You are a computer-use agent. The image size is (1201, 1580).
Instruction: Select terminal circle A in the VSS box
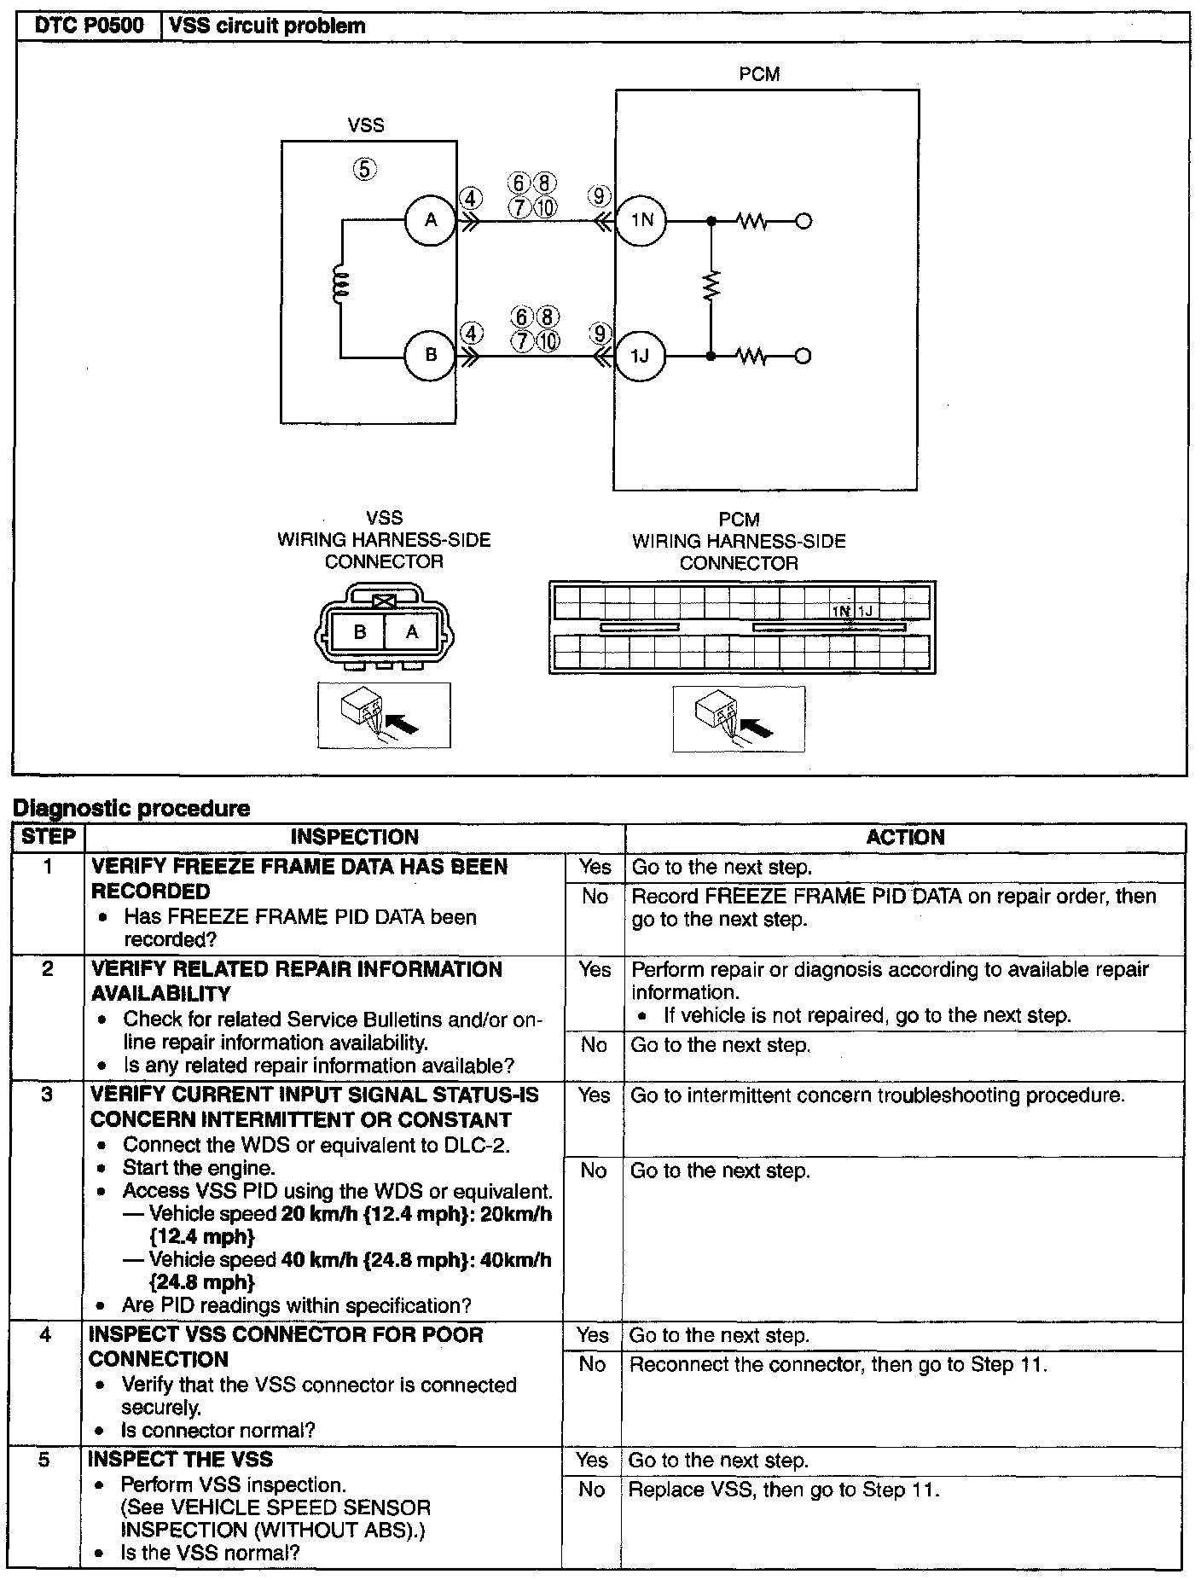(431, 220)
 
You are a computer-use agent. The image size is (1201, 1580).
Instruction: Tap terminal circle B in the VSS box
(431, 355)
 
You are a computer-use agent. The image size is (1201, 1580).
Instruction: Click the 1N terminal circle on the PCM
(641, 221)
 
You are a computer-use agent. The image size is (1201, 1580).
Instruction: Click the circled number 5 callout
(364, 169)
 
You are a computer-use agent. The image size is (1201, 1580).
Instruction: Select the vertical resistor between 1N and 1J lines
(711, 288)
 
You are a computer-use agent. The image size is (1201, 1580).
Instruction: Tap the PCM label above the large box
(759, 74)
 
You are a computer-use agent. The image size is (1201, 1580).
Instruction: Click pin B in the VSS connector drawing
(360, 632)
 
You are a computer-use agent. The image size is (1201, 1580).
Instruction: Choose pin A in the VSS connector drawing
(412, 632)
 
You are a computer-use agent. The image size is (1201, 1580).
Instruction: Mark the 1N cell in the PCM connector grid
(843, 611)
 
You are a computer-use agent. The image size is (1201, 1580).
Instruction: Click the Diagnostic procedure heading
(133, 808)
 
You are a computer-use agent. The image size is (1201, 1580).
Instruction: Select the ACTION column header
(905, 837)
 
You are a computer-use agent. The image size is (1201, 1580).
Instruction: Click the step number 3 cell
(48, 1095)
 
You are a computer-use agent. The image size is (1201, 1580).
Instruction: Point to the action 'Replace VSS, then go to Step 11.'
(783, 1490)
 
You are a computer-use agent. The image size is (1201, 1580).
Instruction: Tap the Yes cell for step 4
(593, 1336)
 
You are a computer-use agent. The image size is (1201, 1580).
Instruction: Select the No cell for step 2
(594, 1045)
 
